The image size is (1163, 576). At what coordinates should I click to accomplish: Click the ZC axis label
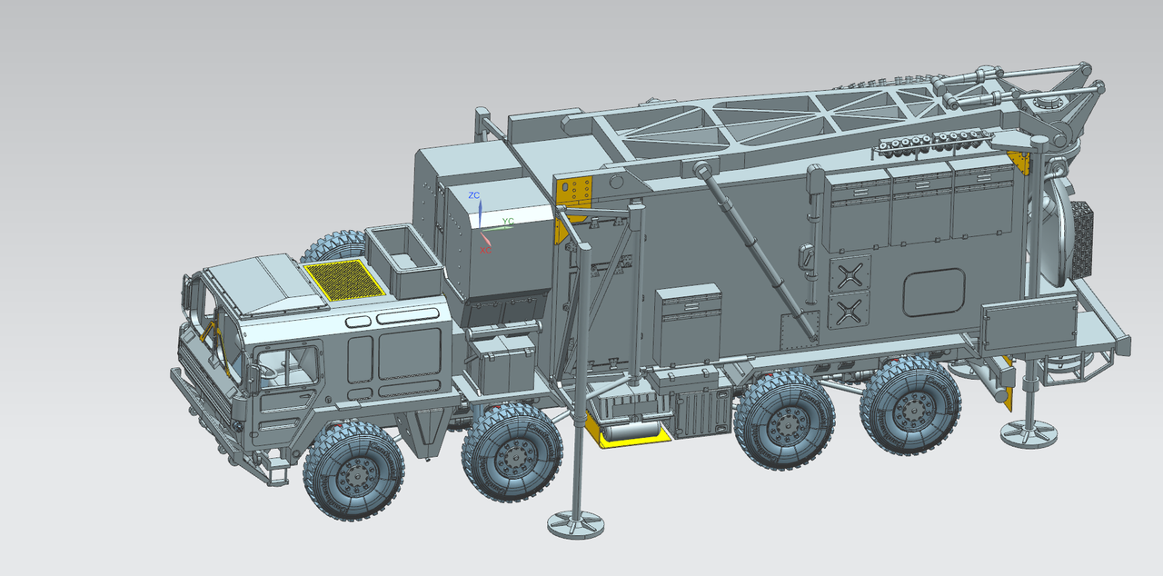[474, 195]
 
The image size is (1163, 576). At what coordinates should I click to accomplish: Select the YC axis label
[508, 221]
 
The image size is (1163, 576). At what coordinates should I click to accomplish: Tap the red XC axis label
[485, 250]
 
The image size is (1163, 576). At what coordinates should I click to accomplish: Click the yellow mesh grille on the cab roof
[344, 279]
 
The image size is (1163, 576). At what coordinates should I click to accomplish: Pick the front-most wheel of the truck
[354, 472]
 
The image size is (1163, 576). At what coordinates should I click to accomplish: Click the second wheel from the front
[512, 452]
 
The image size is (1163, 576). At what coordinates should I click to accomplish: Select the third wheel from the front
[784, 421]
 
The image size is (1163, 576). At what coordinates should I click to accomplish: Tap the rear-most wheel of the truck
[910, 406]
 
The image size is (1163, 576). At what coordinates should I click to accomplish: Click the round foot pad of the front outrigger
[576, 524]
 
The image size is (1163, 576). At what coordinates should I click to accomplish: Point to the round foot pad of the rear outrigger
[1029, 433]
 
